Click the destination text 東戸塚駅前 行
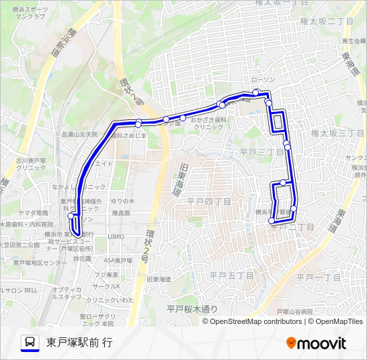(x=79, y=343)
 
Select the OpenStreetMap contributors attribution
(x=256, y=321)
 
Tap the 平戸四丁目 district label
(x=208, y=200)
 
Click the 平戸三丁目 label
(x=262, y=153)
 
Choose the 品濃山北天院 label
(x=79, y=134)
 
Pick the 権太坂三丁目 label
(x=332, y=133)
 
